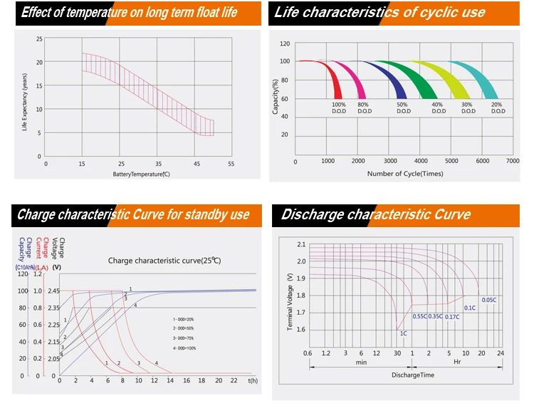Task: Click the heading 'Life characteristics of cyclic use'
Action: tap(379, 13)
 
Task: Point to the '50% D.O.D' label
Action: tap(403, 108)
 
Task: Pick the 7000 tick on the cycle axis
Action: tap(513, 162)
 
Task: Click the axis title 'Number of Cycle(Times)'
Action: tap(404, 174)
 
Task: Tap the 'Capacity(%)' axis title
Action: tap(275, 97)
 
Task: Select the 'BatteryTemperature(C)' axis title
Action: tap(141, 174)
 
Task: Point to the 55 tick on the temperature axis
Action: tap(231, 164)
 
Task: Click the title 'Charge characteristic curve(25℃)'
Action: tap(164, 261)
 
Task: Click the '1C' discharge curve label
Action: tap(403, 333)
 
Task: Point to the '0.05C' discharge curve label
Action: tap(489, 300)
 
